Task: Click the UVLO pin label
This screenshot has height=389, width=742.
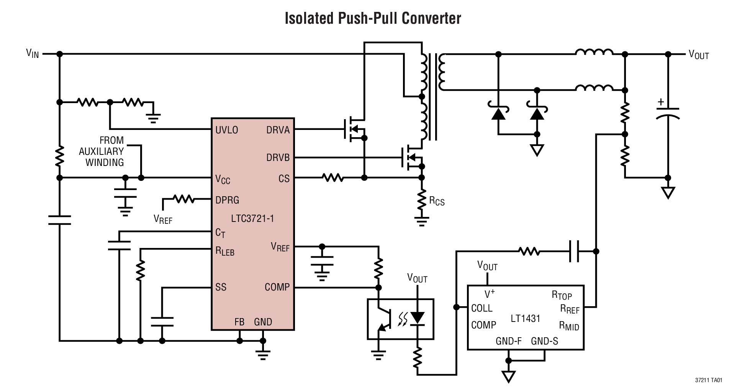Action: (x=226, y=130)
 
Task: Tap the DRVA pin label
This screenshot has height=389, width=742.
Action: (x=278, y=130)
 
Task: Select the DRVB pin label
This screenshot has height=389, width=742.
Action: (x=278, y=158)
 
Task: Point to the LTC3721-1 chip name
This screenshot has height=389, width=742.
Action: (x=252, y=219)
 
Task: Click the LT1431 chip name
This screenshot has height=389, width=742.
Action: (x=525, y=318)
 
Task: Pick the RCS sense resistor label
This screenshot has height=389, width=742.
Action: (x=437, y=201)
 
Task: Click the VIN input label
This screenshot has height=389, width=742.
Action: (x=32, y=53)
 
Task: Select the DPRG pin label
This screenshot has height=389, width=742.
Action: (x=227, y=200)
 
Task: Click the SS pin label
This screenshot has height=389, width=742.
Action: (x=221, y=287)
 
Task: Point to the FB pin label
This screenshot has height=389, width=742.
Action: (x=239, y=322)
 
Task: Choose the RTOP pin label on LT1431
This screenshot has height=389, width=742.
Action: (x=562, y=295)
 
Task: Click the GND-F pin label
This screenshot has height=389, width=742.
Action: (x=508, y=341)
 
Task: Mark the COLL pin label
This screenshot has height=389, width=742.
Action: (x=482, y=309)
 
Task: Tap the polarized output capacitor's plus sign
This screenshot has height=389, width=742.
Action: (x=660, y=102)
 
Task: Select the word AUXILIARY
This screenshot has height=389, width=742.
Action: (x=101, y=151)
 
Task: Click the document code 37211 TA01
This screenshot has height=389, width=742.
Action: (x=708, y=380)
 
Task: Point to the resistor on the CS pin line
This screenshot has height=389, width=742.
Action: (x=333, y=177)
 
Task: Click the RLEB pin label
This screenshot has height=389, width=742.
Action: (x=224, y=251)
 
